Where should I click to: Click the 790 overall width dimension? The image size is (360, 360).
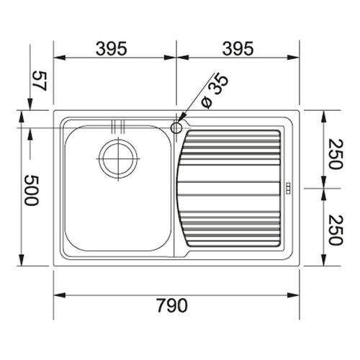point(172,305)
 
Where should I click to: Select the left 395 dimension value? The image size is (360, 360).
point(111,48)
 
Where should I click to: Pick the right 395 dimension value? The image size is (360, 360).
point(238,48)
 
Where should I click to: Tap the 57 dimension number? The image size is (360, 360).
point(39,81)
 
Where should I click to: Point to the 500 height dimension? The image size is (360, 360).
point(31,190)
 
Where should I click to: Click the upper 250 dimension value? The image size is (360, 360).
point(336,154)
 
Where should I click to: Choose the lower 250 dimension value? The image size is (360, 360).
point(336,230)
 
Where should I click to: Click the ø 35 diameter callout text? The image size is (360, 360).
point(215,92)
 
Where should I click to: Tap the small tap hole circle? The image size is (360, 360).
point(176,127)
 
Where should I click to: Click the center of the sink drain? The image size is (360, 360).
point(118,158)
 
